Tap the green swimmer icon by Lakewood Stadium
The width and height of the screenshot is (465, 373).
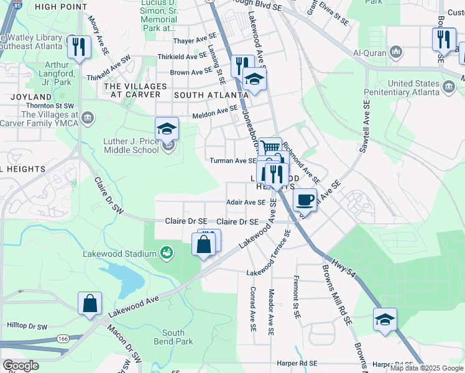click(166, 252)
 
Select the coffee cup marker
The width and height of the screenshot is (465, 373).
click(304, 200)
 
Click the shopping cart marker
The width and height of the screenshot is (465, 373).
click(270, 148)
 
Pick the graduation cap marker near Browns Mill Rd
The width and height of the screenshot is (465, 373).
click(385, 320)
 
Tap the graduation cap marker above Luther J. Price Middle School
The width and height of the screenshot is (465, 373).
click(167, 129)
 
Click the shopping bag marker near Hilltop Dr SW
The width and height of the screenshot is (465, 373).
click(90, 303)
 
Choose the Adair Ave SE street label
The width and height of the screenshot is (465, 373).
click(246, 202)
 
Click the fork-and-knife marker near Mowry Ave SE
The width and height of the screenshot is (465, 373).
click(80, 47)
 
